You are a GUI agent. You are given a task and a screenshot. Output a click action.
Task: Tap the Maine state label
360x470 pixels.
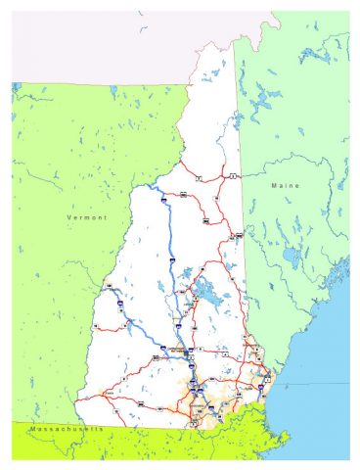(286, 184)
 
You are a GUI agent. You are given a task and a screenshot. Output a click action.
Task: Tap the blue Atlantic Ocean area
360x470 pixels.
(323, 392)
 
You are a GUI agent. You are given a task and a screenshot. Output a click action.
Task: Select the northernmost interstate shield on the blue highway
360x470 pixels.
(158, 199)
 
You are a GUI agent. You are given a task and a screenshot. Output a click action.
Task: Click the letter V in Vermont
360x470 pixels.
(68, 216)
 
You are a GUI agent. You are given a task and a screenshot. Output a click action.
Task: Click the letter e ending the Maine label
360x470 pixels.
(300, 184)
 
